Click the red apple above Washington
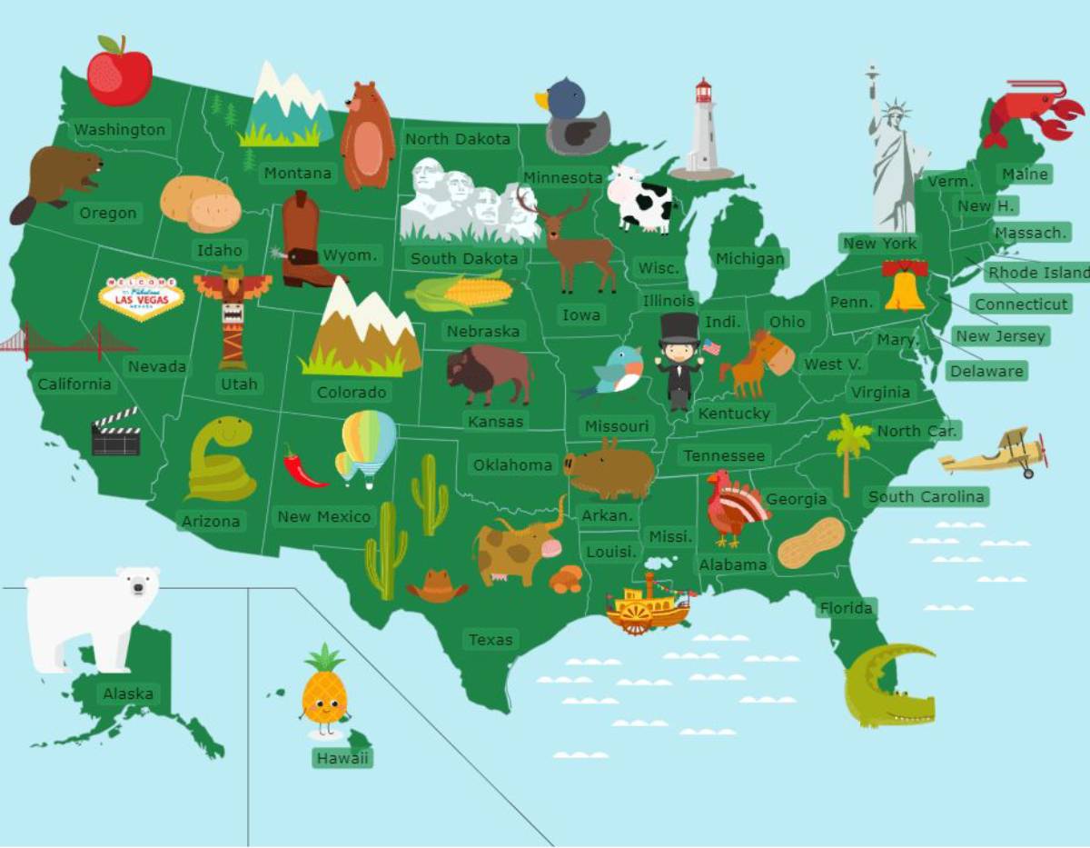click(x=119, y=73)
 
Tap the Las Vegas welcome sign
click(x=141, y=295)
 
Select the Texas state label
click(x=490, y=640)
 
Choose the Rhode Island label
click(x=1038, y=273)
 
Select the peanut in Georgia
click(x=810, y=544)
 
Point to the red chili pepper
click(x=303, y=467)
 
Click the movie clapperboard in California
click(x=115, y=432)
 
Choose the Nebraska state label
click(x=482, y=332)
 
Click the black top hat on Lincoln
click(x=679, y=328)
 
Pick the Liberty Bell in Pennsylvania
click(x=905, y=285)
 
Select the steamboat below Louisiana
click(x=648, y=604)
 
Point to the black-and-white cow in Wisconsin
click(x=639, y=199)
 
